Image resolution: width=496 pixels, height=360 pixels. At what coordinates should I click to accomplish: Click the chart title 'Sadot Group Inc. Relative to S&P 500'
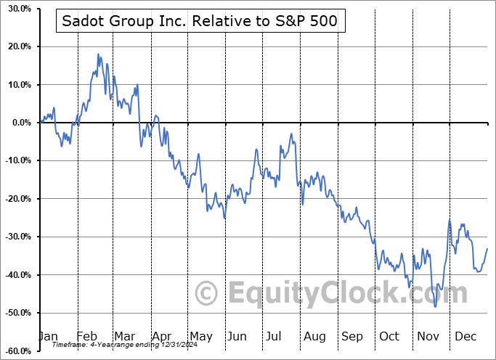[200, 22]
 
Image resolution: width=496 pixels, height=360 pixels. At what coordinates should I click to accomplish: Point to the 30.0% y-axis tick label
[19, 9]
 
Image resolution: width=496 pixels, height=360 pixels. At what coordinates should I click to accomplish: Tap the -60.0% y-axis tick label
[17, 351]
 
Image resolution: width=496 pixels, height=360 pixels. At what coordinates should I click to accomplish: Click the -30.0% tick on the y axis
[17, 237]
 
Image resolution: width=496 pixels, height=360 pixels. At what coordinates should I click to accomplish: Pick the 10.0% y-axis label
[19, 85]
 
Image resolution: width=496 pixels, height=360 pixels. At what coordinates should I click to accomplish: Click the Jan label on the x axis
[47, 337]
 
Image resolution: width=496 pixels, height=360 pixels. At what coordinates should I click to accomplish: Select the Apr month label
[161, 337]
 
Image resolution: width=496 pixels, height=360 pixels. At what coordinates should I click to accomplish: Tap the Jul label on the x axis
[275, 337]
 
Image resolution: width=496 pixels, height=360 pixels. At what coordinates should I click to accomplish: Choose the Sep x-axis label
[352, 337]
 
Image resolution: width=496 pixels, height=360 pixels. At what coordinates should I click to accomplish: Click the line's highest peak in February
[98, 54]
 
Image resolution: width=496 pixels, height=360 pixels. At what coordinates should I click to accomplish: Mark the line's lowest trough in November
[436, 306]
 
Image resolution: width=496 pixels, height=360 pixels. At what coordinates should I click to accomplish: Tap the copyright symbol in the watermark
[208, 294]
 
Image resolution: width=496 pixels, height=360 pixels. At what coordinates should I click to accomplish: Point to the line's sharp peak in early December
[450, 221]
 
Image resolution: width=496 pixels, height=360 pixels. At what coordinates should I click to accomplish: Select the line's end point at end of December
[487, 248]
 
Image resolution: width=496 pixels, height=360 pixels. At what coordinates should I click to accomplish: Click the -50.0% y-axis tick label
[17, 313]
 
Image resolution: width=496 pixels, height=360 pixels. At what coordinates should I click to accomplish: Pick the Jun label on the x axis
[237, 337]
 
